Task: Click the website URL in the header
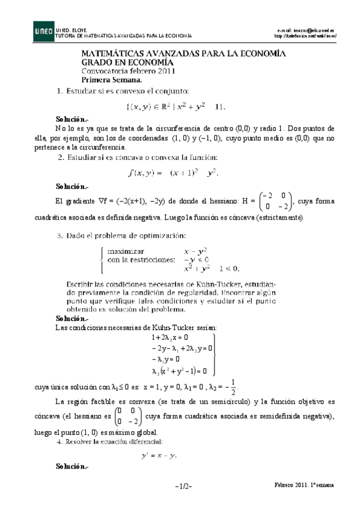(306, 35)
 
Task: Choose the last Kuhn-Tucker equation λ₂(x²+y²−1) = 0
(180, 371)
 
